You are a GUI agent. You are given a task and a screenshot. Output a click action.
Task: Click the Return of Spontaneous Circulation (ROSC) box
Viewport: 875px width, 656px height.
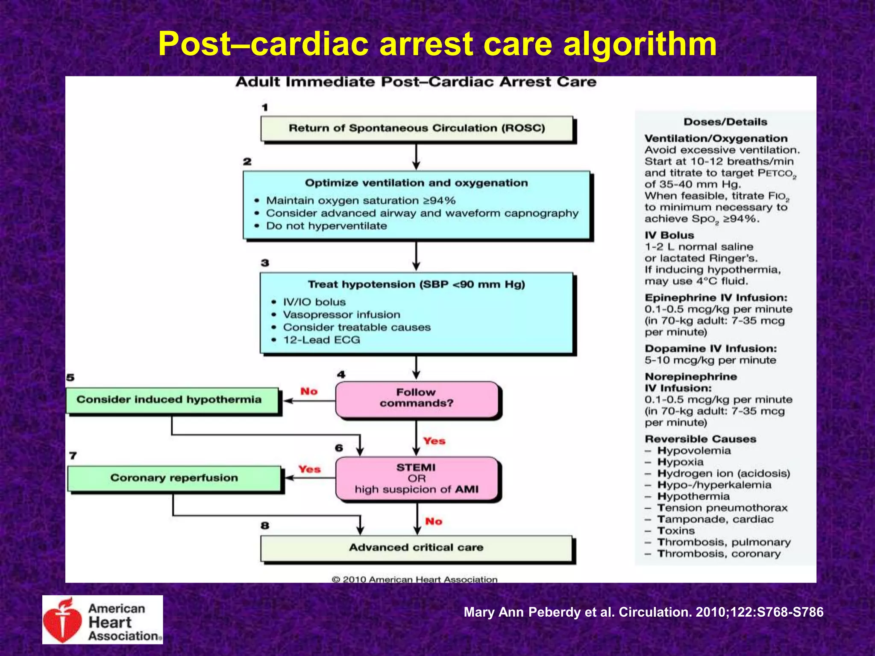417,128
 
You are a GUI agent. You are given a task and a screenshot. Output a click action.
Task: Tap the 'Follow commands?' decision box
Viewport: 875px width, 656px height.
417,398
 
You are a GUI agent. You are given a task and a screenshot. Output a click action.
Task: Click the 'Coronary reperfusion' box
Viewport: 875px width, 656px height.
174,478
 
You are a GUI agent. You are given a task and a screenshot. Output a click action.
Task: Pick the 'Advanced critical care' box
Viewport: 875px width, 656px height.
417,548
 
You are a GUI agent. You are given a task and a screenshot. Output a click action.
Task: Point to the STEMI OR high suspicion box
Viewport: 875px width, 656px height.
417,479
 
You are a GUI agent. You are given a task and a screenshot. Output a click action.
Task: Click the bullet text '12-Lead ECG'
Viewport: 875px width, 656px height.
321,340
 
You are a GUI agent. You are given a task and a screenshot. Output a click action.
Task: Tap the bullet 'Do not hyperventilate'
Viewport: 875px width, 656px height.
326,226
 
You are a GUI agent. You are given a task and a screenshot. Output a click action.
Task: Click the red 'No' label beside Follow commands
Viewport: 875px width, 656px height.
309,392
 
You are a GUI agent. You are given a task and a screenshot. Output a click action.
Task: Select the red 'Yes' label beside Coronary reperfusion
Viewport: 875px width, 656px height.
309,469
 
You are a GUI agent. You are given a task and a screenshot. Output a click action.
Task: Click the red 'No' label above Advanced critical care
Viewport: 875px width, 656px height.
434,521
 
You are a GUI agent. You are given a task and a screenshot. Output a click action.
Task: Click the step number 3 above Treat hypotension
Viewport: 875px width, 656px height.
265,263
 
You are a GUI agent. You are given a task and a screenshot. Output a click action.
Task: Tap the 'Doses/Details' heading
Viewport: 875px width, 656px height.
725,122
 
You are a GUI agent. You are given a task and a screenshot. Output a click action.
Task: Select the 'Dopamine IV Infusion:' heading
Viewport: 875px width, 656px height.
711,349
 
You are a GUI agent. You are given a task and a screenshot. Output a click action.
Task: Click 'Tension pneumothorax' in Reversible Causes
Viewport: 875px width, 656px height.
722,508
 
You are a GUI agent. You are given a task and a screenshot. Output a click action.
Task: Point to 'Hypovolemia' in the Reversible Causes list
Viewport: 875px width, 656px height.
694,451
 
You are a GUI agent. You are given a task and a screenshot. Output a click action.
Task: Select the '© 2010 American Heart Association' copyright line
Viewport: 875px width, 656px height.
414,580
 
